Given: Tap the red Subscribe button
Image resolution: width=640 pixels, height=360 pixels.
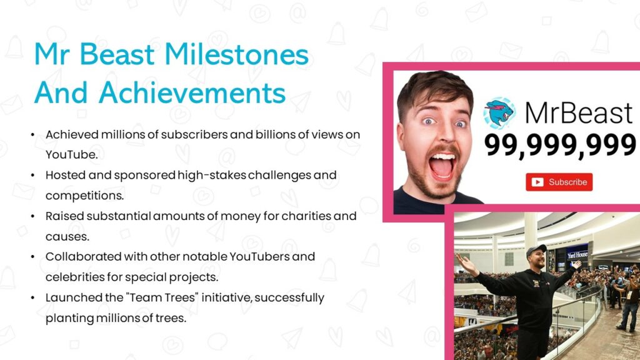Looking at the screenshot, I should [x=559, y=182].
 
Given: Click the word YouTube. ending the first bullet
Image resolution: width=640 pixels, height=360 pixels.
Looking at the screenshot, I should [x=71, y=154].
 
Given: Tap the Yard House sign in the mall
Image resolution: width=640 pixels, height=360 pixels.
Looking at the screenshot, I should [x=577, y=255].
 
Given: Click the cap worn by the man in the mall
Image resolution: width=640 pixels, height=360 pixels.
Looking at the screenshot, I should [x=536, y=251].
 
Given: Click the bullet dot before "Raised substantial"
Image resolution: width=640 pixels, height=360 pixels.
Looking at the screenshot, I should [x=32, y=216].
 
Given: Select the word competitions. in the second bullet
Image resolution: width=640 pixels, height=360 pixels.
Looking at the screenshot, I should [x=84, y=195].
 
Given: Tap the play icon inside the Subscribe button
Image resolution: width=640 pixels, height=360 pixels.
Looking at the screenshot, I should [x=537, y=182].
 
